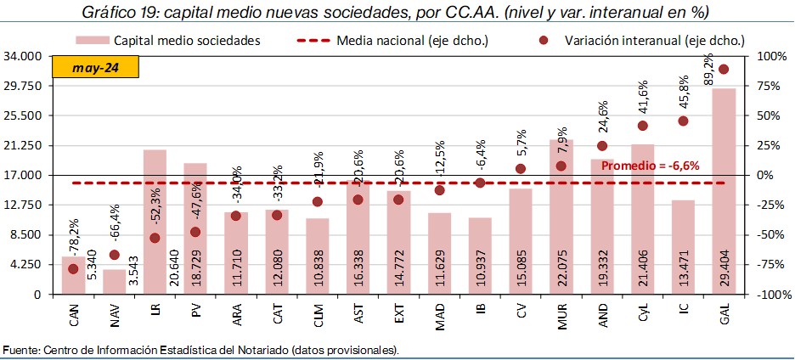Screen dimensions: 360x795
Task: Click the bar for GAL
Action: (724, 191)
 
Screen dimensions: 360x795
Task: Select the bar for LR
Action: (155, 222)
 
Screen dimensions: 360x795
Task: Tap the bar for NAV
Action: (114, 282)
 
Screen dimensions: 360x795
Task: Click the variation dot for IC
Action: (683, 121)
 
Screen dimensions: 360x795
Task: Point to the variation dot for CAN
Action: (73, 268)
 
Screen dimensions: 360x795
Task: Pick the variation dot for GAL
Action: (724, 69)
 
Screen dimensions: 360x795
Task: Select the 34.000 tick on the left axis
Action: (24, 56)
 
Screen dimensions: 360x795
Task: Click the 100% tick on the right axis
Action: (765, 56)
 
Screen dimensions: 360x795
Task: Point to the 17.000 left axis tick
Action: (24, 176)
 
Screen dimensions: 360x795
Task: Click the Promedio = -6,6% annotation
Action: (650, 166)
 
